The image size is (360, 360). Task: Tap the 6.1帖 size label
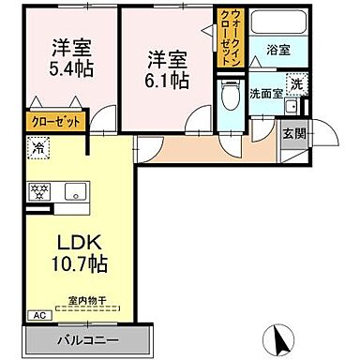(x=167, y=81)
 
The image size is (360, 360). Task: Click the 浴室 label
(x=278, y=50)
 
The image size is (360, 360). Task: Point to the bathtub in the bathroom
(x=277, y=23)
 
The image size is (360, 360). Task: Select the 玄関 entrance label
(x=293, y=133)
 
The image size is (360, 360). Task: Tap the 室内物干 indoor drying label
(x=86, y=300)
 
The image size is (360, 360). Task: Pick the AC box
(x=39, y=315)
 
